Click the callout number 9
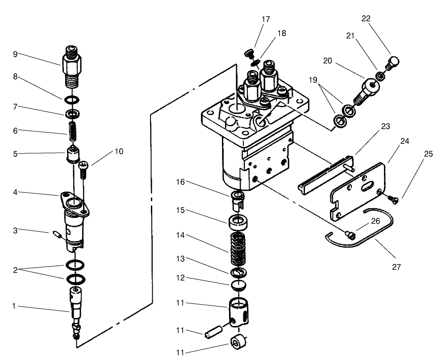pos(15,54)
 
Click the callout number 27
pos(396,267)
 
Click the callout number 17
pos(266,19)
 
